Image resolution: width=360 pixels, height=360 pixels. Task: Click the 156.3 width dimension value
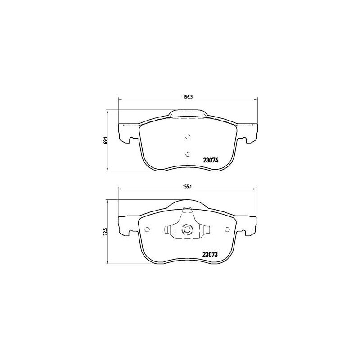(x=188, y=97)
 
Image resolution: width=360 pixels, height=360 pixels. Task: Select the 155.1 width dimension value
(x=188, y=187)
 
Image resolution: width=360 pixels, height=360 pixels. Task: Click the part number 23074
(x=210, y=161)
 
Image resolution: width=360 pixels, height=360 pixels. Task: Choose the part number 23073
(x=210, y=254)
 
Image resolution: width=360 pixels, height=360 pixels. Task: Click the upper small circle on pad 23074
(x=188, y=137)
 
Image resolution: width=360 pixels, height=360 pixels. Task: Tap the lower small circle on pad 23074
(x=188, y=154)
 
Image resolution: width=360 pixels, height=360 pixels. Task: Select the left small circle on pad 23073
(x=148, y=229)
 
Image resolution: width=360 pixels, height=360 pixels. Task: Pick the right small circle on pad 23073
(x=228, y=229)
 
